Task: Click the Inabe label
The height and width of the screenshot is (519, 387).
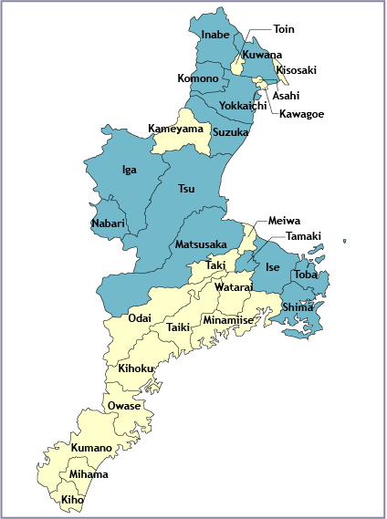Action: [215, 36]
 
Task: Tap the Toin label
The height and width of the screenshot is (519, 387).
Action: [284, 29]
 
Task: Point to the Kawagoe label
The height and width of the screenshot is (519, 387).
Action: [301, 114]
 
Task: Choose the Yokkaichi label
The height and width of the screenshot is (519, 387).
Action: [243, 106]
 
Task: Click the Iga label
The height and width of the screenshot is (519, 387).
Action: [130, 169]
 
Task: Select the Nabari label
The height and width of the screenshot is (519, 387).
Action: [108, 223]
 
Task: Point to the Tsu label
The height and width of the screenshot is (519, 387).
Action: [186, 189]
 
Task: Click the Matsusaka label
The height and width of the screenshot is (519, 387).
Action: [201, 244]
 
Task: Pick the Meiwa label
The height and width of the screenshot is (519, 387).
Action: [282, 222]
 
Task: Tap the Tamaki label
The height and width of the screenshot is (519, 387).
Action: [303, 236]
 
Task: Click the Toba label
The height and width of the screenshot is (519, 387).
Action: [306, 274]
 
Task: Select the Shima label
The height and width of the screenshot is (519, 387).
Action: [298, 307]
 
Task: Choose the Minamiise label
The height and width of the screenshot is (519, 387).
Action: [228, 321]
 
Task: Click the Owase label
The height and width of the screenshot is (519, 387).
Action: [123, 406]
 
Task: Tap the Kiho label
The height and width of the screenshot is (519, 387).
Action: [72, 501]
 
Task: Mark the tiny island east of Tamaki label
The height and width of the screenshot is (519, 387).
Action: [344, 242]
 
